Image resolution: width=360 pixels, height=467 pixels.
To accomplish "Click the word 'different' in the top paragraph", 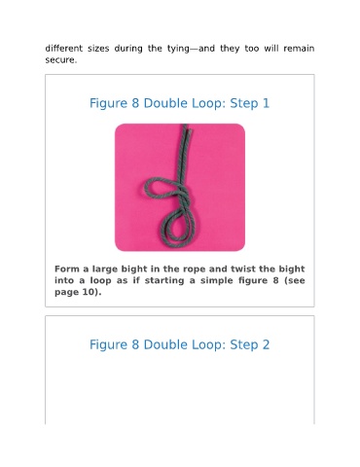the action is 64,49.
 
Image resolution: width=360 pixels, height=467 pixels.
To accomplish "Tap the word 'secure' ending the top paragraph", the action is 60,60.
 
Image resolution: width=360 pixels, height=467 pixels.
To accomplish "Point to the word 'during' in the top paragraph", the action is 128,49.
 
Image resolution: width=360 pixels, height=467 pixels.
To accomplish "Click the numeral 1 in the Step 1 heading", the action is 266,103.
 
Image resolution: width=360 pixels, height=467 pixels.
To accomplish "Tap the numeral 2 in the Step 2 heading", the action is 266,344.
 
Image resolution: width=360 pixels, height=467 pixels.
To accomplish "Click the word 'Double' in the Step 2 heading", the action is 165,344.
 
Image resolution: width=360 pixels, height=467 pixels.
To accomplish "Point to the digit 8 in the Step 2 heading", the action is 135,344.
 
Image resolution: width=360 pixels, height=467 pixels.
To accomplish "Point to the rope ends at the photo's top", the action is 187,128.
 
